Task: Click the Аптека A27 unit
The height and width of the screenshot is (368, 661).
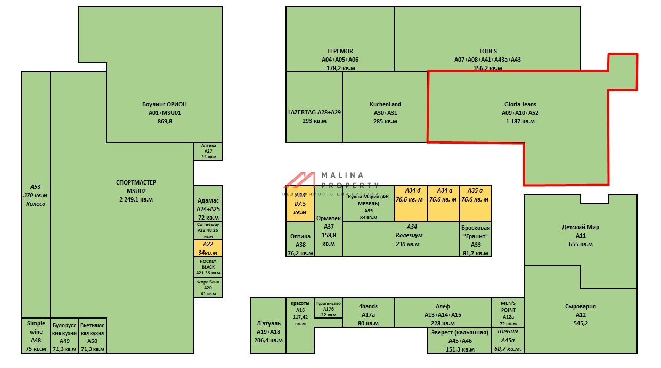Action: [208, 151]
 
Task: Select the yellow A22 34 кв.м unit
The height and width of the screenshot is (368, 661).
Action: [208, 248]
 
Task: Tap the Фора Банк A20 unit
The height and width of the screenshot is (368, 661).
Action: [208, 287]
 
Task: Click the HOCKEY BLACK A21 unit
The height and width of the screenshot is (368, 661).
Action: [208, 267]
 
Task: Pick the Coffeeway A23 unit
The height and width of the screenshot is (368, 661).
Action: [208, 230]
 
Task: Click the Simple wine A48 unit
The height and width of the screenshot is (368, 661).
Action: [36, 336]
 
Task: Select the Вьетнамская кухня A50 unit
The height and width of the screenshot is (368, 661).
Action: [93, 336]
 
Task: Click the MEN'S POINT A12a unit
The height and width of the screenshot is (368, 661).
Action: [508, 312]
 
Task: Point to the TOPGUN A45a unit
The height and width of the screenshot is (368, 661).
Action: [508, 340]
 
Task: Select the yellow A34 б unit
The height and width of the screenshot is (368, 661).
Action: [411, 203]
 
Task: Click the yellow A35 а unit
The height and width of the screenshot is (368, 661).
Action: [475, 203]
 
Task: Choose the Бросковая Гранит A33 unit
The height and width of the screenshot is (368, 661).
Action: [475, 239]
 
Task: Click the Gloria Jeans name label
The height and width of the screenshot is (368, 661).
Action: [520, 105]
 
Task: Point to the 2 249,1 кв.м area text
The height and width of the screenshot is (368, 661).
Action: [136, 199]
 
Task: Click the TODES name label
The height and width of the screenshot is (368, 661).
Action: [487, 52]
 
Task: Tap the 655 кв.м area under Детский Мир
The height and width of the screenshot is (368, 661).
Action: [580, 245]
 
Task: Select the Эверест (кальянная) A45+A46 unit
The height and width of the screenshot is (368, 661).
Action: [459, 340]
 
